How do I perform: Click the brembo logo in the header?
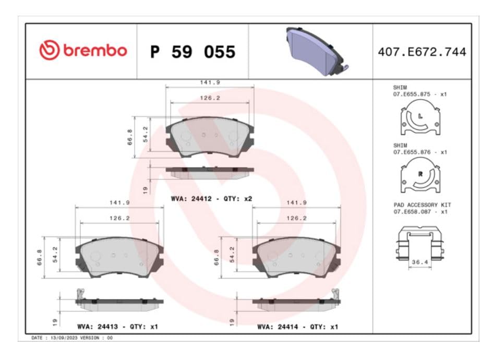83,50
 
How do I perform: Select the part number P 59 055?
193,52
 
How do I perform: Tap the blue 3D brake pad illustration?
317,52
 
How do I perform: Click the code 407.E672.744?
422,52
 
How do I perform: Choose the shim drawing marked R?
420,175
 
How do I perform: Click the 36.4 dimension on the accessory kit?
420,262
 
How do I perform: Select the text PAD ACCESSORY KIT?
422,205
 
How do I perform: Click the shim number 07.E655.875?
412,94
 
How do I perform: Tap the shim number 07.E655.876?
412,152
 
